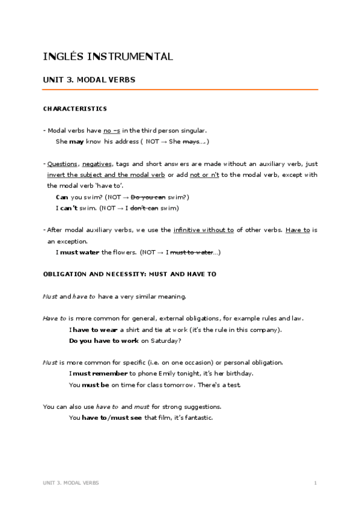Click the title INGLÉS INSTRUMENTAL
tap(108, 57)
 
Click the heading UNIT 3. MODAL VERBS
tap(89, 79)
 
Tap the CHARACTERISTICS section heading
tap(75, 109)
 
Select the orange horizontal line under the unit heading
tap(180, 90)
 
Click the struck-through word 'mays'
tap(191, 141)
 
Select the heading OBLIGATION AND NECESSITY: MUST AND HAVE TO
tap(130, 274)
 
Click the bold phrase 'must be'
tap(95, 384)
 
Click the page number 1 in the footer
tap(315, 483)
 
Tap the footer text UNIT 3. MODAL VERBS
tap(71, 483)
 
